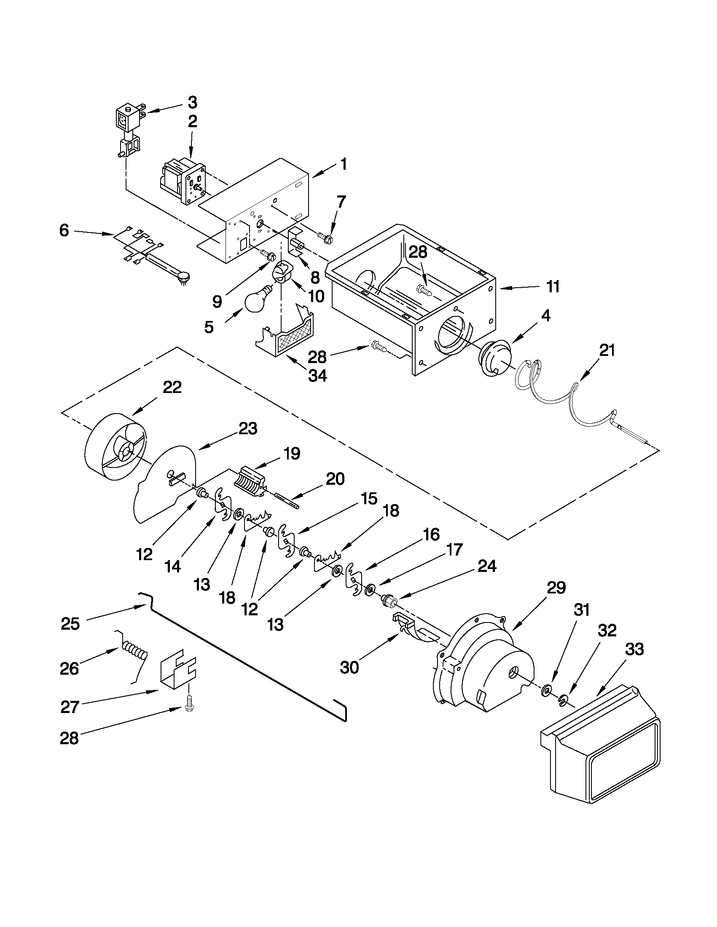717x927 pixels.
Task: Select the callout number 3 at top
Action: point(192,102)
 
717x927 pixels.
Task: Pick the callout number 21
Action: point(607,350)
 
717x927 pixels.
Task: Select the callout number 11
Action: point(552,287)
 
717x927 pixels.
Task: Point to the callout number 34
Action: point(317,375)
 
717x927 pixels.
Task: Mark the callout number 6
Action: point(64,231)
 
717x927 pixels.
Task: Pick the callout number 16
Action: point(431,535)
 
